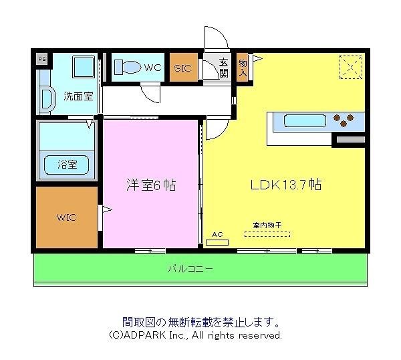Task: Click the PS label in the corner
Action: point(42,60)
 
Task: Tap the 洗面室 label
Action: point(78,96)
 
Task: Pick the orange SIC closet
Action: point(183,68)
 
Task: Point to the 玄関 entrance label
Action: point(223,68)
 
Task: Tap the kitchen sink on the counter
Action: point(304,121)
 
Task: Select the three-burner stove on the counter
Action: point(346,121)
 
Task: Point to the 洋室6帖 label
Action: point(151,185)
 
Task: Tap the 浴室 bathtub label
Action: point(66,163)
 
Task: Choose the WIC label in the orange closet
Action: point(65,217)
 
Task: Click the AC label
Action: point(217,234)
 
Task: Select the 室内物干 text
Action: point(267,225)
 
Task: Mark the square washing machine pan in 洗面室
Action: point(84,68)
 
